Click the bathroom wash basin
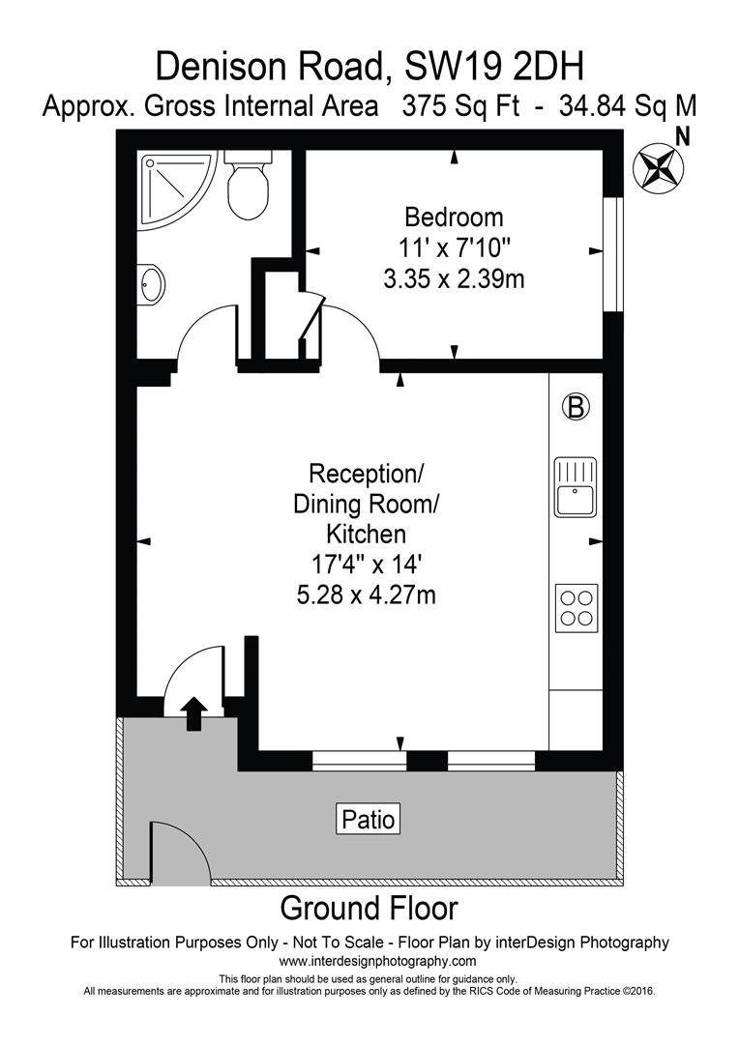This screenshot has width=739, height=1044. [152, 284]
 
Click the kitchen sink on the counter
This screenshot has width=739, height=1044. [576, 488]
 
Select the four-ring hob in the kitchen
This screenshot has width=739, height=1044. [576, 608]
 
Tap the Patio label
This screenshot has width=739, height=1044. [369, 819]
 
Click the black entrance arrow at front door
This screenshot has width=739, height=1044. [193, 713]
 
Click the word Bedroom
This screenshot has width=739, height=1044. [454, 216]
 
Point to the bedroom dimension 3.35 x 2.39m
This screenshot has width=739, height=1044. [454, 279]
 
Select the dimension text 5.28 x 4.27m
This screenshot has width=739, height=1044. [366, 594]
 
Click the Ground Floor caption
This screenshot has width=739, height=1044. [369, 909]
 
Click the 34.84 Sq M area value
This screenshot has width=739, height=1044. [628, 105]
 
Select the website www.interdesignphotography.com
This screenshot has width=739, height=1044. [377, 961]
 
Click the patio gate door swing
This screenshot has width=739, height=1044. [180, 853]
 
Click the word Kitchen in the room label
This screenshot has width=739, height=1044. [366, 534]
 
